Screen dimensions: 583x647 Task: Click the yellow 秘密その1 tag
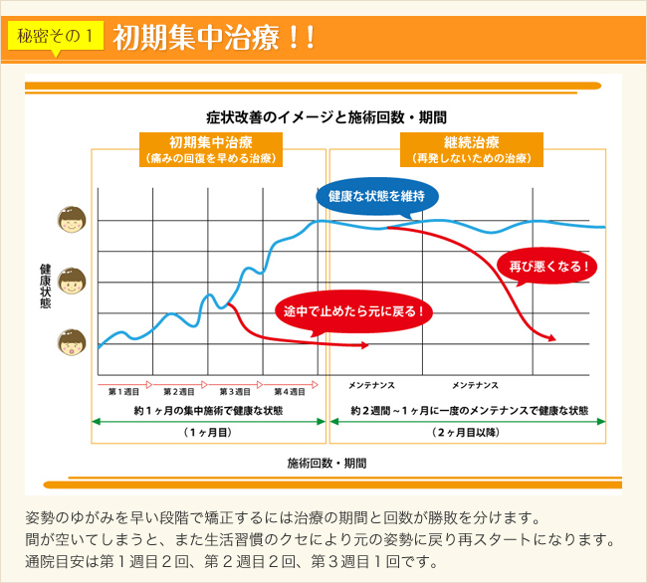coord(56,37)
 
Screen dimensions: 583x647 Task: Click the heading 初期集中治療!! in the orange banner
coord(214,39)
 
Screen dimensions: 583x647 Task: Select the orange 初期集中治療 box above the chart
coord(210,149)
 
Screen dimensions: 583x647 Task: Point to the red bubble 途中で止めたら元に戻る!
coord(353,310)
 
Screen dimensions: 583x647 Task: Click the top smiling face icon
coord(72,220)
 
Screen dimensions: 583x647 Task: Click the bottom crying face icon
coord(72,344)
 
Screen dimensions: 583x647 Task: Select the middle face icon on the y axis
coord(72,282)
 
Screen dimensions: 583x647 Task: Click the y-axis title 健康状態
coord(45,284)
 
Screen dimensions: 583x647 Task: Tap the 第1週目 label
coord(123,392)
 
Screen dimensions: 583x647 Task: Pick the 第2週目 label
coord(179,392)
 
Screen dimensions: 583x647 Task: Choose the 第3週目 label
coord(235,392)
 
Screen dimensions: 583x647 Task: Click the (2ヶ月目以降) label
coord(467,434)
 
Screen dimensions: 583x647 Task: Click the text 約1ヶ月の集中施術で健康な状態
coord(208,410)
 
